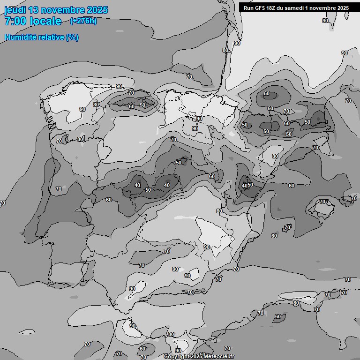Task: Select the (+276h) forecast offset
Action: [x=83, y=21]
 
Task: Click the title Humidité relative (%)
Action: [x=41, y=37]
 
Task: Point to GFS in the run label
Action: [x=259, y=8]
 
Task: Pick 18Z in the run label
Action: [x=272, y=8]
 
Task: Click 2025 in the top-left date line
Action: [x=97, y=10]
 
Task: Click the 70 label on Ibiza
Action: [x=287, y=227]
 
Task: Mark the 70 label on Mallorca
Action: [x=322, y=202]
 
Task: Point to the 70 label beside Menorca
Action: [x=353, y=199]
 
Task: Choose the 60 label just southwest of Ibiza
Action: [x=274, y=236]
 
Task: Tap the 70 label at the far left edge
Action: [x=2, y=203]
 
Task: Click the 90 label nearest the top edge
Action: [x=325, y=21]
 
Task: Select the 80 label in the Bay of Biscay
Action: [x=225, y=50]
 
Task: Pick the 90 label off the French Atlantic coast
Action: [x=237, y=43]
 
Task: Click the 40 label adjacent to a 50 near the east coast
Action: [x=244, y=186]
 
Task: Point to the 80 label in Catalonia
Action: [x=275, y=157]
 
